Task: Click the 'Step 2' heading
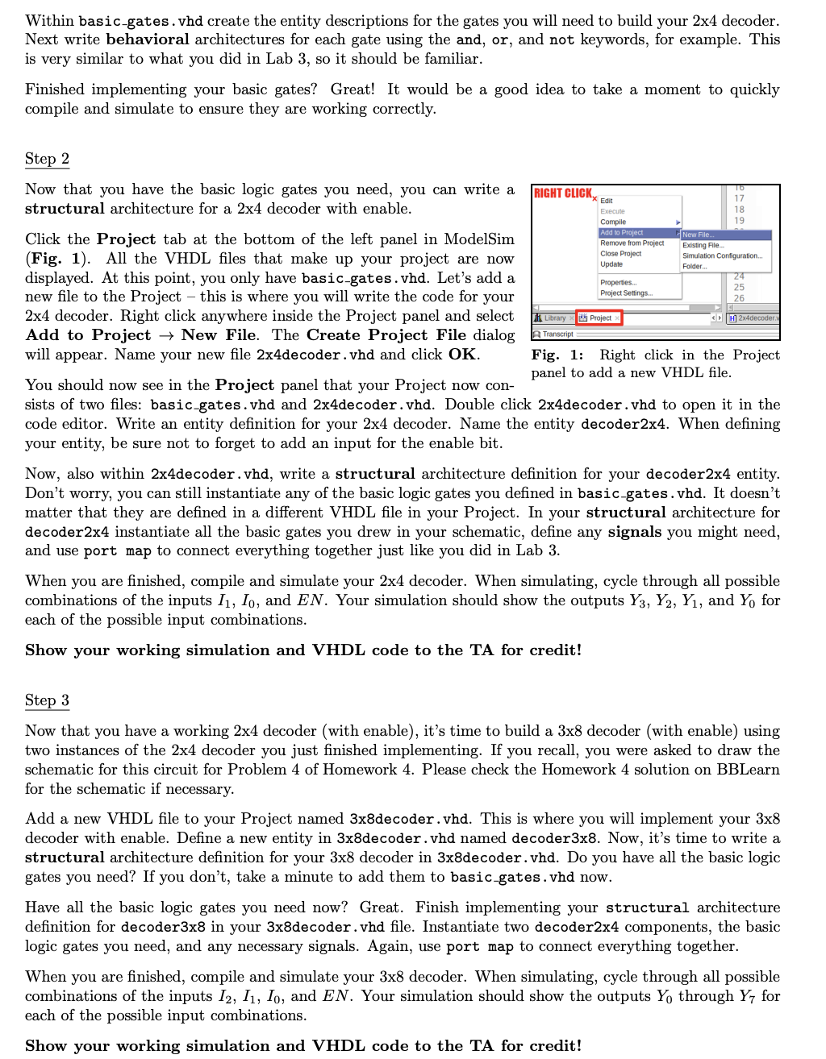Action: click(47, 159)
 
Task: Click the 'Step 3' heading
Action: click(47, 700)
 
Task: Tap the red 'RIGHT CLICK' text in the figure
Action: click(563, 193)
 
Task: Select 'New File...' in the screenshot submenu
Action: click(699, 235)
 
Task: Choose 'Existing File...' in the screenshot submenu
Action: click(703, 245)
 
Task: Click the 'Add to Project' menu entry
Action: click(622, 232)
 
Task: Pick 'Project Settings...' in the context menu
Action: click(627, 293)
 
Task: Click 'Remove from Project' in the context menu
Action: click(632, 243)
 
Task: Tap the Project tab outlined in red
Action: click(599, 318)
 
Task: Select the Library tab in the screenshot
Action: click(553, 318)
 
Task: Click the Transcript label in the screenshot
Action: click(557, 334)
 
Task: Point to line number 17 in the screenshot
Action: click(739, 198)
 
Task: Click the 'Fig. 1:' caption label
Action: click(557, 355)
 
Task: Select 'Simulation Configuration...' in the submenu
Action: click(722, 255)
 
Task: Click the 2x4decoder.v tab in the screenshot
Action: click(755, 318)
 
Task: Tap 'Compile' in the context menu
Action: click(613, 222)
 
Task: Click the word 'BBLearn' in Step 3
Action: click(748, 770)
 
